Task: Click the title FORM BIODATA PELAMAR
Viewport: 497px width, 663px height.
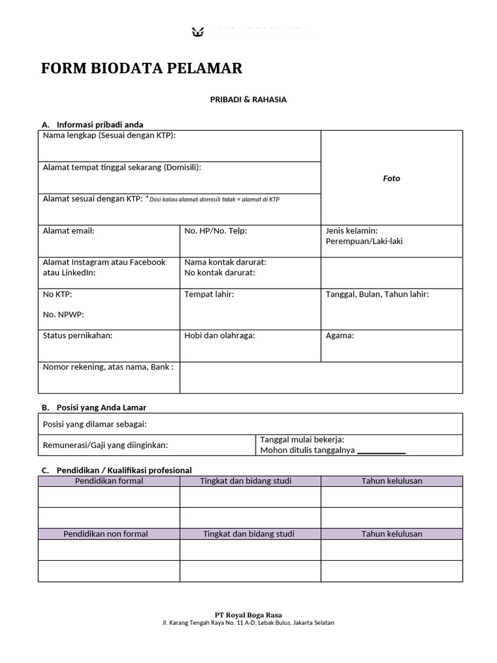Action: coord(142,69)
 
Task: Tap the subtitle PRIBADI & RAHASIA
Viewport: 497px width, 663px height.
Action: coord(248,100)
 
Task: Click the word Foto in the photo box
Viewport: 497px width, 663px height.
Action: coord(392,178)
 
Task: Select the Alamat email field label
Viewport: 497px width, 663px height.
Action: coord(69,230)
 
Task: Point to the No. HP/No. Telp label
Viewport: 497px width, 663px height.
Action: coord(215,230)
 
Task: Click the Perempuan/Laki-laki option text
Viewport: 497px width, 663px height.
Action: coord(364,241)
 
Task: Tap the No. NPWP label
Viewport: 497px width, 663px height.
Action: coord(63,315)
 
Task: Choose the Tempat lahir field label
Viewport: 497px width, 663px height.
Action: coord(209,294)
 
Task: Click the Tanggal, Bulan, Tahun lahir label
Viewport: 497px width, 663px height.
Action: coord(377,294)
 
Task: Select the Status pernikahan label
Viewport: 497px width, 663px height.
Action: coord(78,335)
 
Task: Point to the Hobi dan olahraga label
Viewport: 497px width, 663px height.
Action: coord(219,335)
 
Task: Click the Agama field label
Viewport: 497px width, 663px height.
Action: coord(340,335)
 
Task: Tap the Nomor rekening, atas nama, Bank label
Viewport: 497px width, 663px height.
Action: coord(108,367)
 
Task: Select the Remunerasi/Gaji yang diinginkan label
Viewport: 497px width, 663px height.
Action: coord(105,445)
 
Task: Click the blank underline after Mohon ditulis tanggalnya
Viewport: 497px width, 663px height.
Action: coord(381,451)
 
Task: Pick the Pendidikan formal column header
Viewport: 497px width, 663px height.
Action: coord(109,481)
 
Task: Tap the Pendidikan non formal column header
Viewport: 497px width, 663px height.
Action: coord(105,534)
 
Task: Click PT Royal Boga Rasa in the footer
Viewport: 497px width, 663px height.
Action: coord(248,614)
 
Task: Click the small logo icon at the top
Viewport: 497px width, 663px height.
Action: coord(198,31)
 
